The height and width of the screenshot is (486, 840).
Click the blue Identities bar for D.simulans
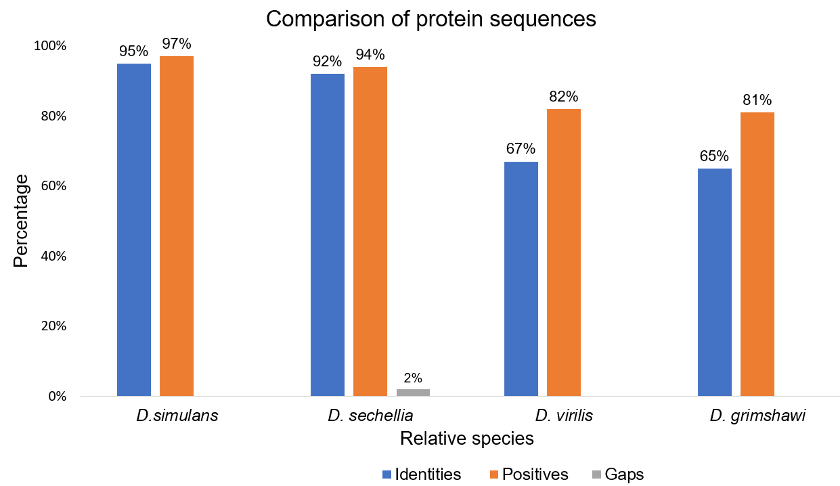click(x=134, y=229)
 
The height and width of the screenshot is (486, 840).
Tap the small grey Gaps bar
click(x=413, y=393)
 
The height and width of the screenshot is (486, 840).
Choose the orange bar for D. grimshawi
click(x=757, y=254)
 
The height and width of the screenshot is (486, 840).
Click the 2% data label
click(x=413, y=378)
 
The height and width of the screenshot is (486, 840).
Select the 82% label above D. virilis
click(x=564, y=97)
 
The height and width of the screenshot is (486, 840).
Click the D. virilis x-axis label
click(x=565, y=416)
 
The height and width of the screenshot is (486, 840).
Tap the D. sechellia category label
click(x=370, y=416)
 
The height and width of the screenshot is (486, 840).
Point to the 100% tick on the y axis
click(x=51, y=46)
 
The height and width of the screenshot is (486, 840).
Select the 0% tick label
click(x=56, y=396)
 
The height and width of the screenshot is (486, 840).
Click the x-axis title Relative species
click(x=466, y=439)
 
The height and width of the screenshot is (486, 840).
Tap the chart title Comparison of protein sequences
click(x=430, y=19)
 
